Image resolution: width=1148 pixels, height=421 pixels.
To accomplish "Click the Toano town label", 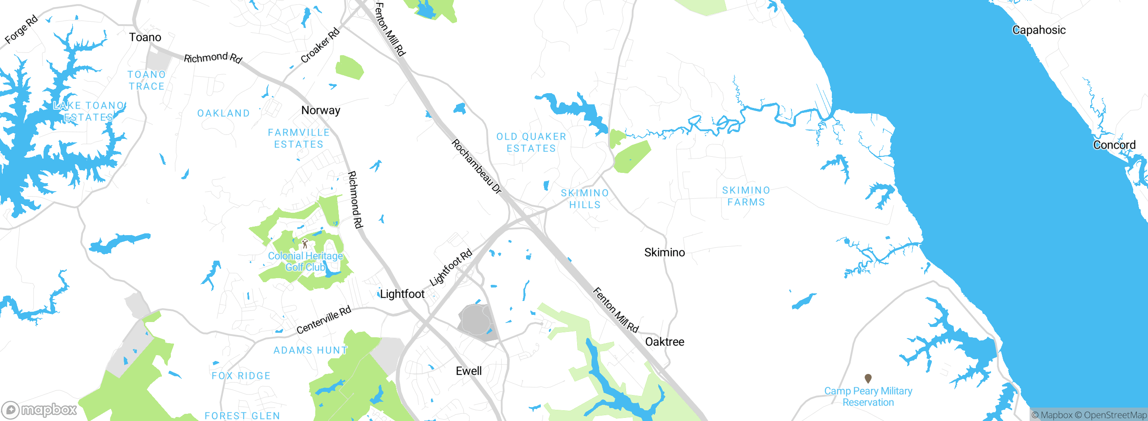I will click(x=145, y=37).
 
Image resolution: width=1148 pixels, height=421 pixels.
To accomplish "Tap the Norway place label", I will click(x=321, y=110).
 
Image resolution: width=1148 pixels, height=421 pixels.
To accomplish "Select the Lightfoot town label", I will click(x=402, y=294).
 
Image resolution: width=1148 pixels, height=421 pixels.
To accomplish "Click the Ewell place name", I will click(x=469, y=371).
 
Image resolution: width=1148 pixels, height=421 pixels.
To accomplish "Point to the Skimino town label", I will click(x=664, y=253).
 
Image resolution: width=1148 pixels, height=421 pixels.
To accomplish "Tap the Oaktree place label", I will click(x=664, y=342).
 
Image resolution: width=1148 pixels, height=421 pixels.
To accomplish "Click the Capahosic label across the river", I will click(x=1039, y=30).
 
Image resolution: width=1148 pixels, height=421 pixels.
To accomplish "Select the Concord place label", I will click(x=1114, y=145).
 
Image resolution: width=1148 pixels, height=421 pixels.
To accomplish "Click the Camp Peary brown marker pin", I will click(x=868, y=378).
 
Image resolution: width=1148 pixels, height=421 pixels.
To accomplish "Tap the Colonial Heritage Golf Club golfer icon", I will click(x=305, y=243).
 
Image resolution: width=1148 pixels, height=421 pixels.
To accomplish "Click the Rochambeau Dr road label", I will click(x=476, y=166).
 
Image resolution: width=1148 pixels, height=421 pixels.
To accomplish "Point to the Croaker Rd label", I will click(x=320, y=46).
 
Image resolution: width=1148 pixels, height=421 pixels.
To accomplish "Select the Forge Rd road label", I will click(x=21, y=30).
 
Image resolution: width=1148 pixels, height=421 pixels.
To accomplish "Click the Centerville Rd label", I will click(x=323, y=320).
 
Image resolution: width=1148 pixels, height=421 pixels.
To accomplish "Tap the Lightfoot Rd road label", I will click(x=451, y=267).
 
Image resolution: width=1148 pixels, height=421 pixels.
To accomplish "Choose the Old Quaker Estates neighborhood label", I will click(x=531, y=142).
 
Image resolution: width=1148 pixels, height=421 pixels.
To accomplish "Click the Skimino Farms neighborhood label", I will click(x=746, y=196).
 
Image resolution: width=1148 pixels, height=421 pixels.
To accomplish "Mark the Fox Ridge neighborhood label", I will click(x=241, y=376).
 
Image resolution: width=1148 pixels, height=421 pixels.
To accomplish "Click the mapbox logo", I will click(x=39, y=409).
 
